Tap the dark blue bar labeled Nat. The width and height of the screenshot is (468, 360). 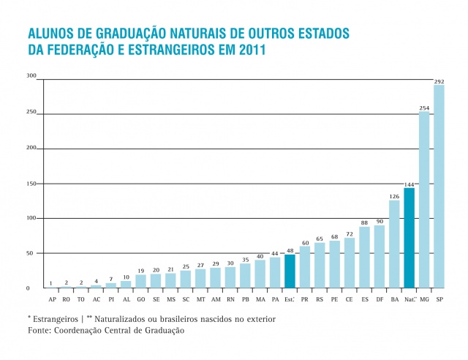click(x=409, y=238)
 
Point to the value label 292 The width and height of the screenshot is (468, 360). click(x=439, y=81)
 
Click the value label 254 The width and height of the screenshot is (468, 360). click(x=424, y=108)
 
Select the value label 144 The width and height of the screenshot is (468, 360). click(x=409, y=184)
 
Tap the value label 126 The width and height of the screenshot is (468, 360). click(x=394, y=196)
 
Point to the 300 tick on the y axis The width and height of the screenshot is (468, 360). click(x=31, y=76)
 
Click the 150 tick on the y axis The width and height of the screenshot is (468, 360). click(x=31, y=184)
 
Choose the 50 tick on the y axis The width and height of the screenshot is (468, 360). click(x=31, y=253)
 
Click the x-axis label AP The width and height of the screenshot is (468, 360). click(x=52, y=299)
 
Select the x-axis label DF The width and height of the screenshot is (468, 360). click(x=380, y=299)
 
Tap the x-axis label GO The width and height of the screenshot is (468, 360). click(x=140, y=299)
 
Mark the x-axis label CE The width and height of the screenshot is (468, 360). click(x=350, y=299)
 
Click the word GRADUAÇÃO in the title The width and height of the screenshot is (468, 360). click(x=123, y=34)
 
